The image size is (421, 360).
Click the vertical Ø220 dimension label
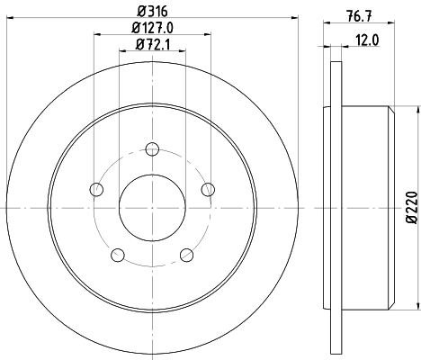(411, 207)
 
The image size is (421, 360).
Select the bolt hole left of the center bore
(96, 189)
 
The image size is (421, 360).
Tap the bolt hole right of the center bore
(209, 189)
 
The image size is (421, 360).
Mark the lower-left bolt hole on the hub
(118, 255)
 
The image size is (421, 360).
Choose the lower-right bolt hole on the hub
(187, 255)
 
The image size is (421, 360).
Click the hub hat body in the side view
(364, 207)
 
